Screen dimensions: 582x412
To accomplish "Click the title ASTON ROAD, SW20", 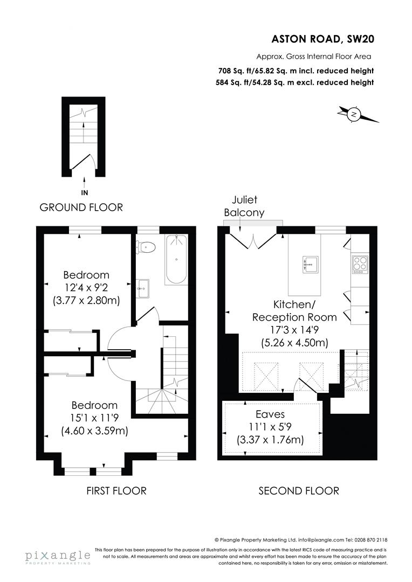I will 322,39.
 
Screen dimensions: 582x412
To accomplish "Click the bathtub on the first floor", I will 176,259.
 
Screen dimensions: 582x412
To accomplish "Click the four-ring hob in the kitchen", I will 360,264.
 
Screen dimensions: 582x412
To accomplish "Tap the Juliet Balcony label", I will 244,206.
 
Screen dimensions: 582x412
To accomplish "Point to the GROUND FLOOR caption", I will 81,207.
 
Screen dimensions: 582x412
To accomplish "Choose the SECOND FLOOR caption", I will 299,491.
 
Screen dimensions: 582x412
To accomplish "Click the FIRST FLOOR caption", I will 116,491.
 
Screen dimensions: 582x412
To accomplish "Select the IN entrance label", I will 85,192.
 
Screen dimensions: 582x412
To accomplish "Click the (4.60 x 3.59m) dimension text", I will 94,431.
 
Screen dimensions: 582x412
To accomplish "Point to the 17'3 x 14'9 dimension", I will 294,330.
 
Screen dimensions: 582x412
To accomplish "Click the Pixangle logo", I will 57,556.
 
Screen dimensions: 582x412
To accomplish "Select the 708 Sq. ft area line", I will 296,71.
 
